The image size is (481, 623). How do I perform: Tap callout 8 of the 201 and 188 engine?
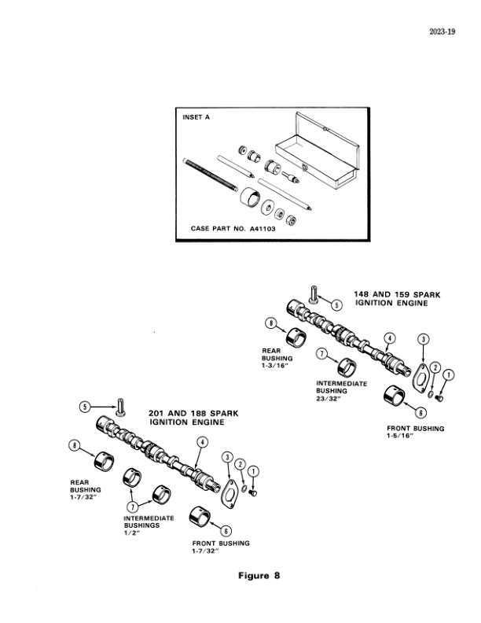tap(76, 446)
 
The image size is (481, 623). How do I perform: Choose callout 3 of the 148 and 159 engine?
tap(424, 340)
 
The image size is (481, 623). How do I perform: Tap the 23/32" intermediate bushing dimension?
tap(325, 397)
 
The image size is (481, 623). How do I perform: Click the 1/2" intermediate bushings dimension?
tap(130, 533)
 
